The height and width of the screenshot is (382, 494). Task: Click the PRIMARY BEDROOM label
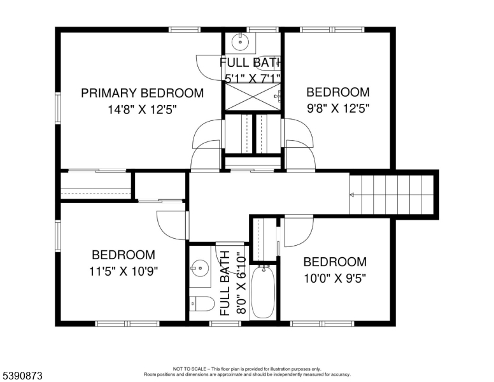143,94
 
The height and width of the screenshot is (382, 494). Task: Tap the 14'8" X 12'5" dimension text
143,110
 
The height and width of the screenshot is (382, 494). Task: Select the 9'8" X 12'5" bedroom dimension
338,108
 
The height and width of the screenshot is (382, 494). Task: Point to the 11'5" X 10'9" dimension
123,271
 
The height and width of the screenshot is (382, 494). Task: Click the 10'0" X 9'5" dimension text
335,278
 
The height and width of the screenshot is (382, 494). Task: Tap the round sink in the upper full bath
241,41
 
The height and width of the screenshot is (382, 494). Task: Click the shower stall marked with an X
253,97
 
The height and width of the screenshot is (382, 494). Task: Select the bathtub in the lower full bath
264,292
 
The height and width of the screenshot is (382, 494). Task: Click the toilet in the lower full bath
202,304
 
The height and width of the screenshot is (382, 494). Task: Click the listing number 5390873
23,376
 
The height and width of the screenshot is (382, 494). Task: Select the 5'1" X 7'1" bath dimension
253,78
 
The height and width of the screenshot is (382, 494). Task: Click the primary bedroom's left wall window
58,108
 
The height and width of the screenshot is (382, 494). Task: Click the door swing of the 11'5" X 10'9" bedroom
172,225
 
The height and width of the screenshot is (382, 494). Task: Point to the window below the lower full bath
225,323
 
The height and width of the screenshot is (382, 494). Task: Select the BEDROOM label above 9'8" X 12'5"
338,92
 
